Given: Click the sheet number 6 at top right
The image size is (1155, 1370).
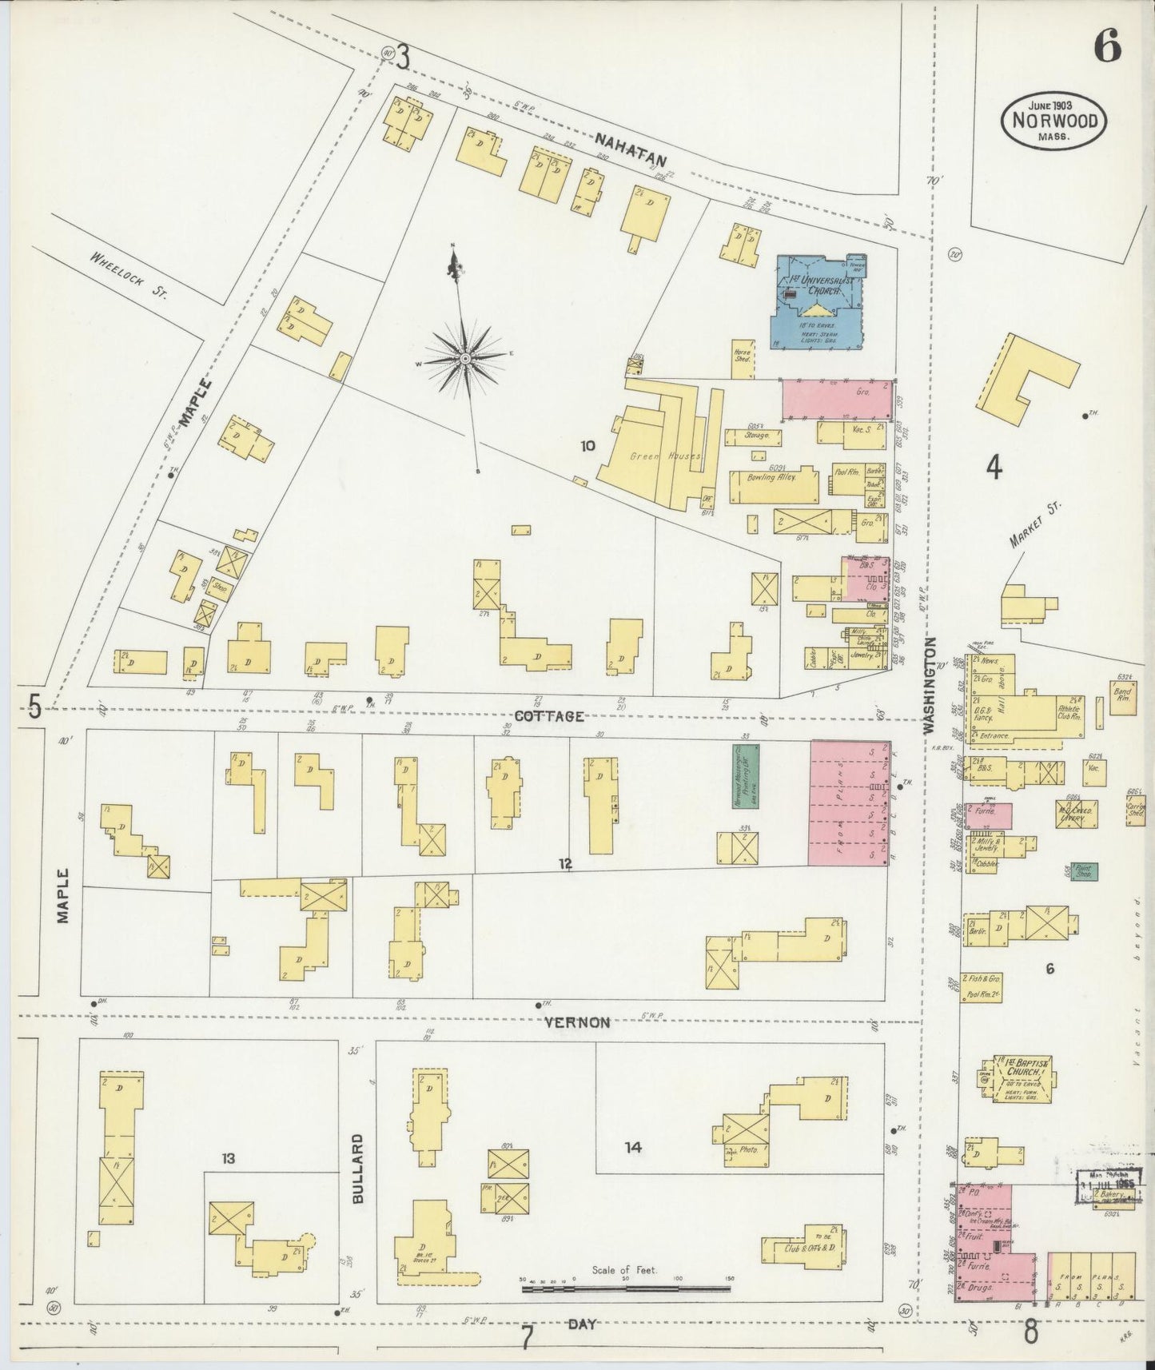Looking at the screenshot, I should (x=1106, y=47).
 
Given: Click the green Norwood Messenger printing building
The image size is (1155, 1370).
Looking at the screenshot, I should (x=746, y=775).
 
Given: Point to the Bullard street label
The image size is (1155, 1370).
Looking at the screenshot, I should (x=357, y=1179).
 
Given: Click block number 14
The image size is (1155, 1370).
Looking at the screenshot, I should (x=633, y=1148).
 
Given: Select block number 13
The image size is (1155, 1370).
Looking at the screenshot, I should (x=229, y=1157).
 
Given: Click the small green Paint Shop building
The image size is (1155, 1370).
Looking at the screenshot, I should (x=1084, y=870).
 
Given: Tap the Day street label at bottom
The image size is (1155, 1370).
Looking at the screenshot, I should (x=582, y=1324).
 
